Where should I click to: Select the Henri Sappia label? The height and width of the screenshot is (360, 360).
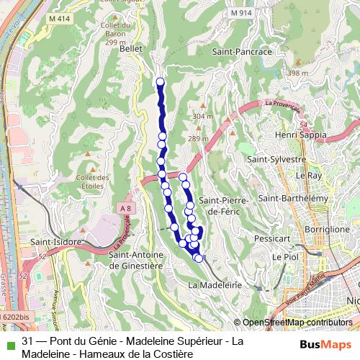(x=302, y=135)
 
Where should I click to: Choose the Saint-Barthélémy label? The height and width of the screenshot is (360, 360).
(x=293, y=198)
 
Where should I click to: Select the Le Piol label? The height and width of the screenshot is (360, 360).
(x=284, y=256)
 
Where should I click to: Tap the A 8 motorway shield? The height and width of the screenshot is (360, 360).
(x=126, y=209)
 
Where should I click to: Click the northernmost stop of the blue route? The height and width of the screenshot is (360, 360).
(x=160, y=82)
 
